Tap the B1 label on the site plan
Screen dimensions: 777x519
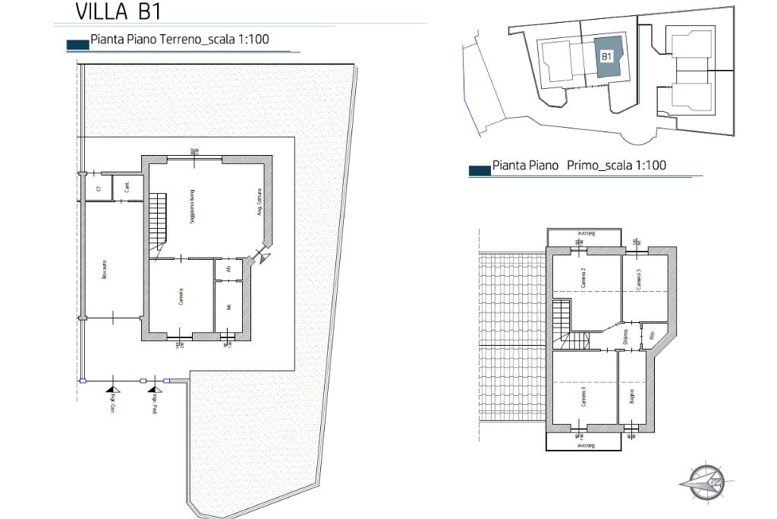click(606, 56)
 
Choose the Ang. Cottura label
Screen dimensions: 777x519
click(258, 202)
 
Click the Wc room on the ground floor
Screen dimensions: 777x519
click(228, 308)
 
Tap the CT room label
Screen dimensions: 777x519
click(98, 187)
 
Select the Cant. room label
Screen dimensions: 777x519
click(127, 185)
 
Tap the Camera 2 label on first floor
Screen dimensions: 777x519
click(584, 279)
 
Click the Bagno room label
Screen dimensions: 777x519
click(631, 395)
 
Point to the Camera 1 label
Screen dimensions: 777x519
click(584, 396)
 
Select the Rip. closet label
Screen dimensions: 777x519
click(652, 334)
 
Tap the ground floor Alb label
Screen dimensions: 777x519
click(228, 270)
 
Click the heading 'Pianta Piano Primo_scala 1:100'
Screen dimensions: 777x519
click(579, 166)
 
